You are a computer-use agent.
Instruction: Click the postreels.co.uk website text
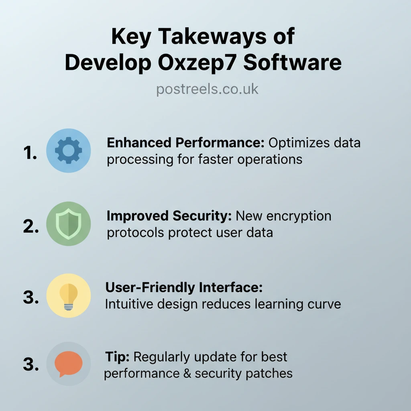207,89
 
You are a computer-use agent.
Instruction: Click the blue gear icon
69,151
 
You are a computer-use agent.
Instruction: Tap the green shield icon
69,224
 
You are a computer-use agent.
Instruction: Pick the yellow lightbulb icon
69,296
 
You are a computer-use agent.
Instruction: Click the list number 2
31,226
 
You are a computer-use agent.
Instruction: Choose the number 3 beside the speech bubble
31,365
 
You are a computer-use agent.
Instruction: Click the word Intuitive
128,304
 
